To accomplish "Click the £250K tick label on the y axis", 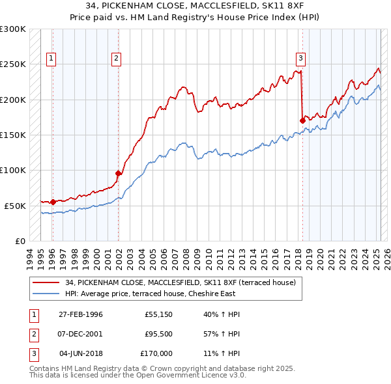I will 13,64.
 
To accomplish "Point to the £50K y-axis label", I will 15,206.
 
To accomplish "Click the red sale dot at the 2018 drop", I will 302,120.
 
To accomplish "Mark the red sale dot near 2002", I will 118,173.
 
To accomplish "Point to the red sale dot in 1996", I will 52,202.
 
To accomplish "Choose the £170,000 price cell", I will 156,353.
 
